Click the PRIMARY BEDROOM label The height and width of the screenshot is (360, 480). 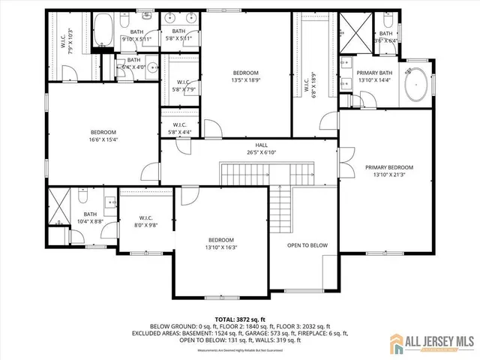click(x=389, y=167)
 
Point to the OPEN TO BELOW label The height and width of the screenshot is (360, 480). click(x=307, y=245)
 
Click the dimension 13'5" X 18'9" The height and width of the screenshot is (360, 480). click(x=247, y=81)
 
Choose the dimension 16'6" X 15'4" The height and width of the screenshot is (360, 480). click(x=104, y=139)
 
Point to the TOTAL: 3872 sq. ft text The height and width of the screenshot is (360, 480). click(x=239, y=319)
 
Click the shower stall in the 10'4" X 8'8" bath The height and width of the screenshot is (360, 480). click(x=61, y=205)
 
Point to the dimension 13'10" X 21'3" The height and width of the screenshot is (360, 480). click(x=389, y=175)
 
